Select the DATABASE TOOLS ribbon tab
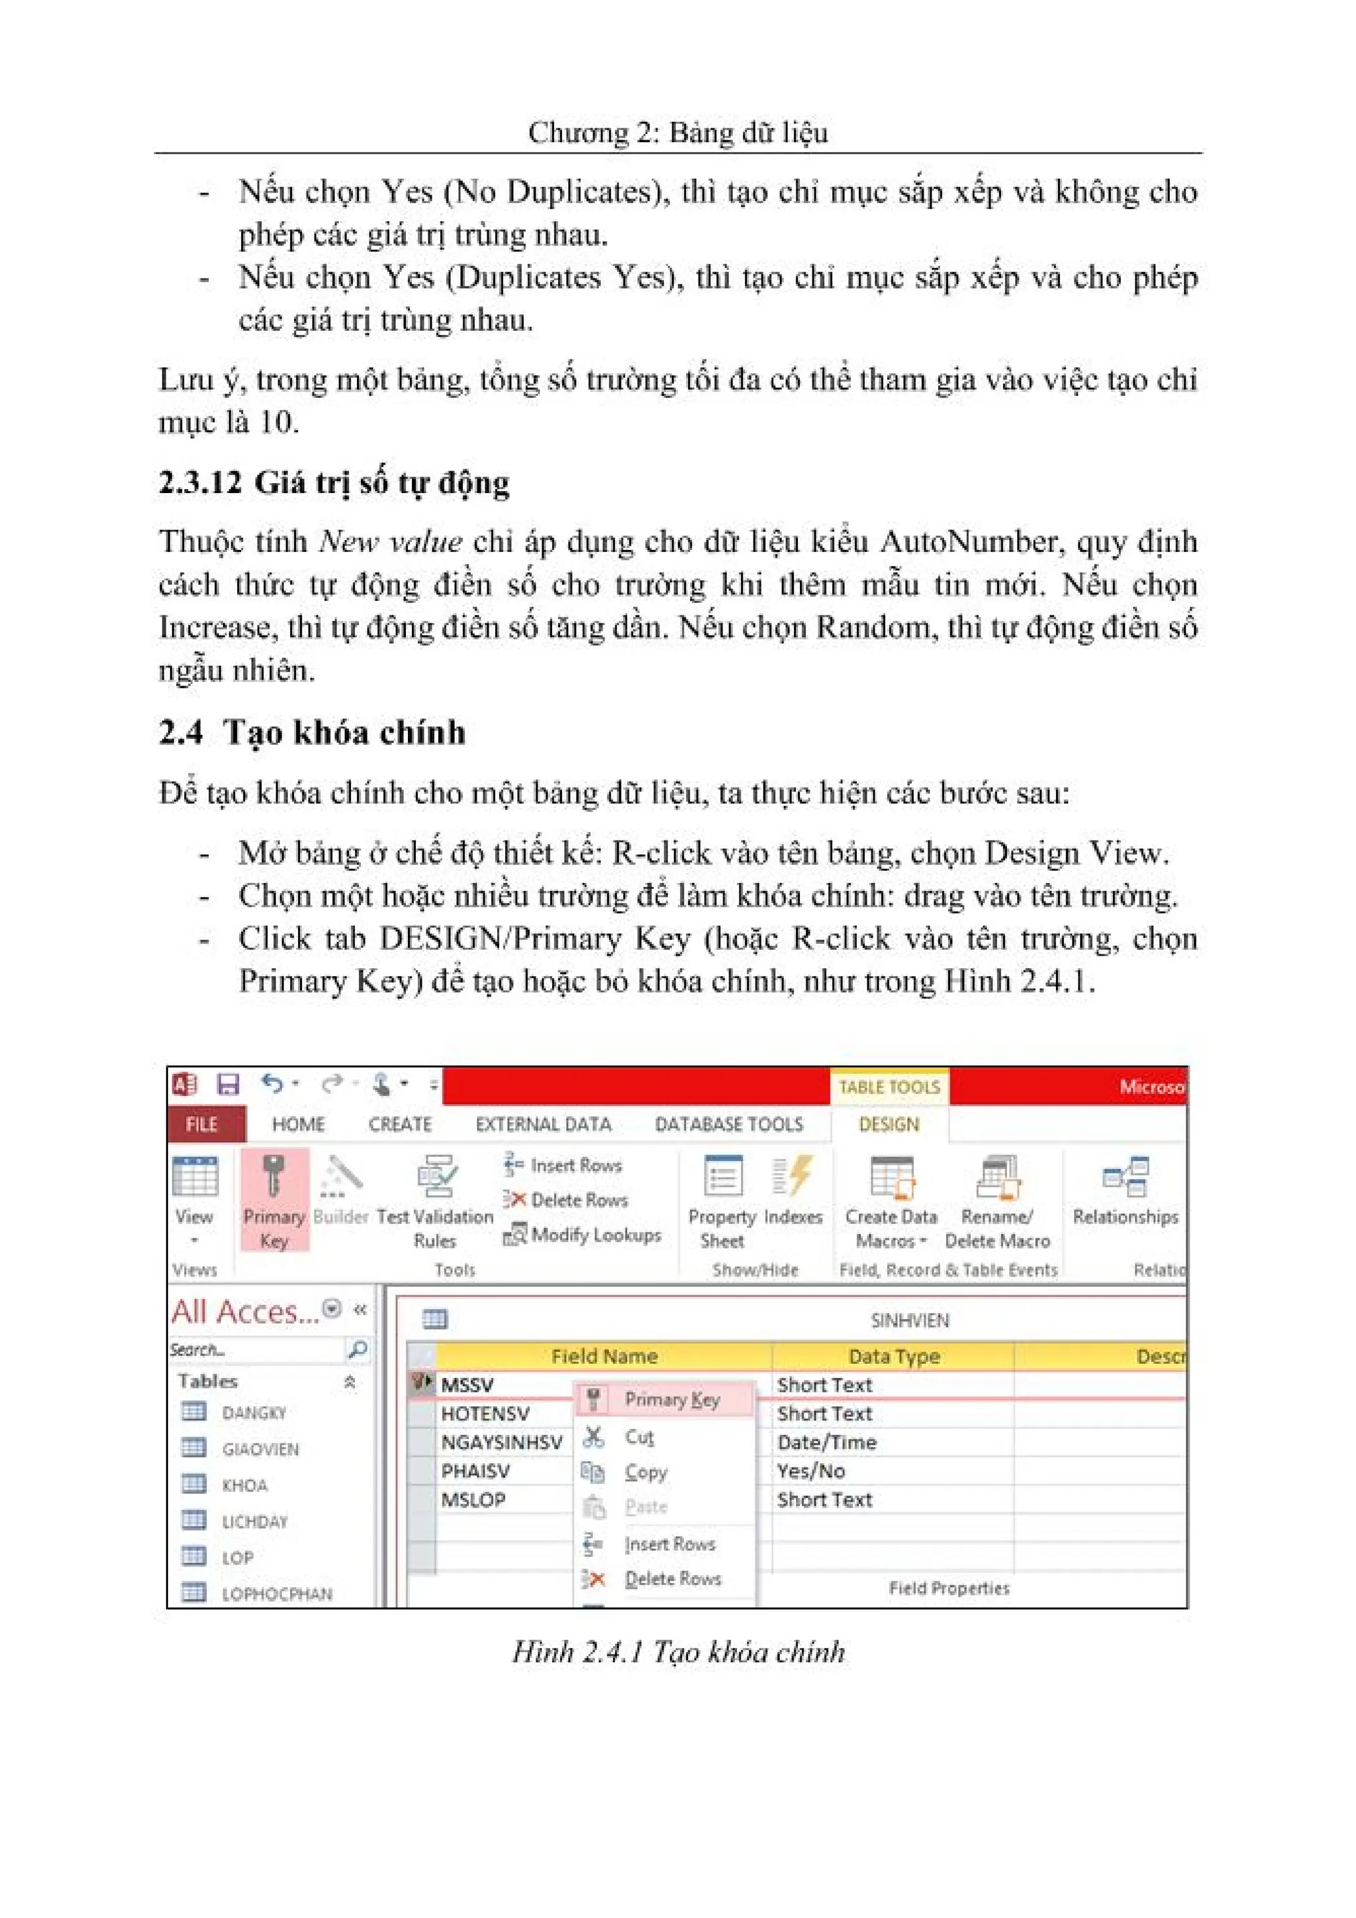(x=728, y=1124)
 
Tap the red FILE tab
(x=202, y=1124)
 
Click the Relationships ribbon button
(x=1124, y=1191)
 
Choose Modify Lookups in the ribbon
(x=583, y=1235)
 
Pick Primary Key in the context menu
(x=671, y=1399)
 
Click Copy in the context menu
(x=645, y=1472)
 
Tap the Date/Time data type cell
(x=826, y=1443)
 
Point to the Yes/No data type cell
(x=810, y=1471)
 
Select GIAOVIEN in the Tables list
(x=260, y=1449)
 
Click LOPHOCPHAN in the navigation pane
(x=277, y=1594)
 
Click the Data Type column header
(x=893, y=1357)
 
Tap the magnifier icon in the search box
(x=357, y=1349)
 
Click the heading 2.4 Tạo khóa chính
(x=312, y=733)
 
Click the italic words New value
(x=390, y=542)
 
